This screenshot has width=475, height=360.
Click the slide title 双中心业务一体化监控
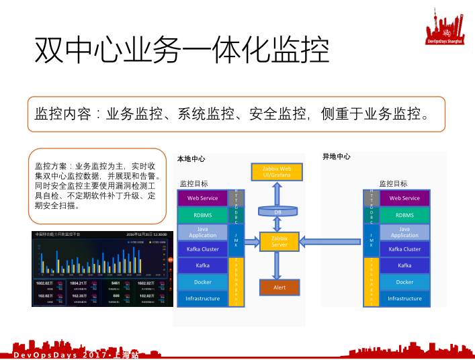pos(181,50)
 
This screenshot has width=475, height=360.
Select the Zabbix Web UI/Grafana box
pos(277,172)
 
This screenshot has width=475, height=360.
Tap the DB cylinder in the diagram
pos(278,212)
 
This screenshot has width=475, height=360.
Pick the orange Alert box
pos(279,287)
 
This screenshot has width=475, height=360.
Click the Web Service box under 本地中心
pos(202,198)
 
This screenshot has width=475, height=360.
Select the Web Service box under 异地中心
pos(404,198)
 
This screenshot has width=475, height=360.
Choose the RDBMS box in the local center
pos(202,215)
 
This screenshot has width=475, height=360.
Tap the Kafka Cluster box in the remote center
pos(404,249)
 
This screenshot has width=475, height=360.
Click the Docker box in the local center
pos(202,282)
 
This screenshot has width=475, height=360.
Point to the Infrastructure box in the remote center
pos(404,298)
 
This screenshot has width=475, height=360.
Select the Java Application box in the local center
pos(202,232)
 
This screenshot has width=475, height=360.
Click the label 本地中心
pos(191,159)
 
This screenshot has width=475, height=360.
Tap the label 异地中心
pos(337,156)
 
